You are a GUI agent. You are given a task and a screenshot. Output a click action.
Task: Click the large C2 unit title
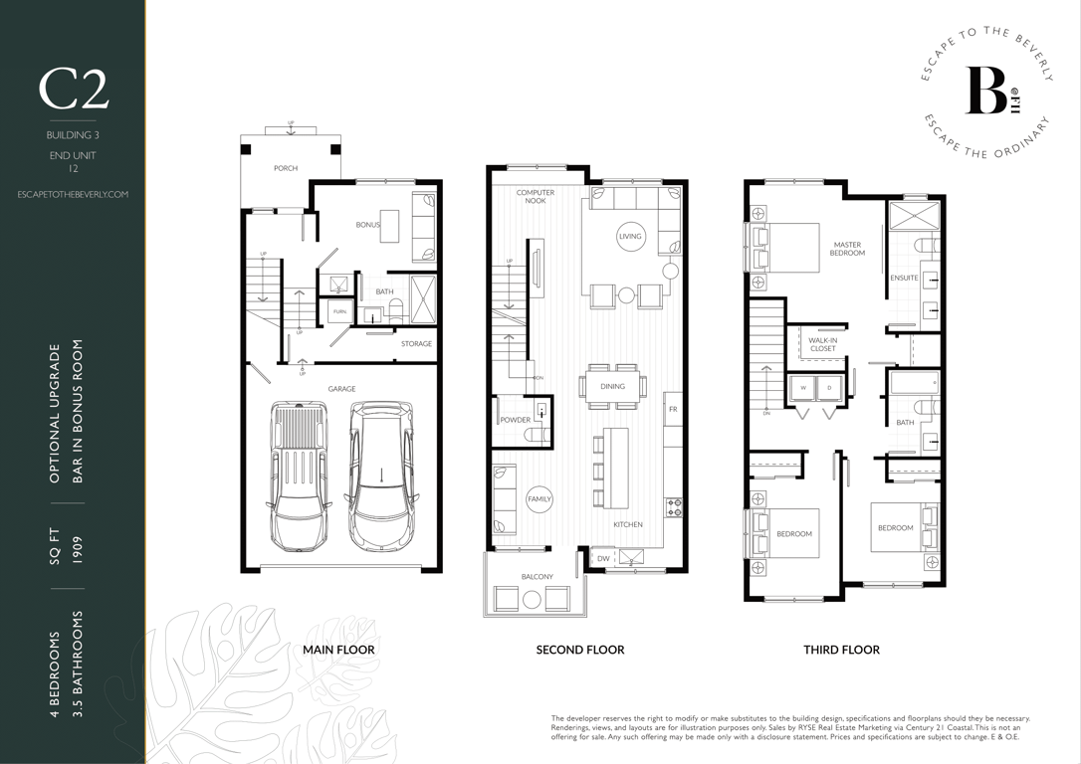coord(73,91)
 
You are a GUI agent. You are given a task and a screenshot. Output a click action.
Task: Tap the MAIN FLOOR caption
coord(338,650)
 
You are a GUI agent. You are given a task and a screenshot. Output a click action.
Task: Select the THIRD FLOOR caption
coord(842,650)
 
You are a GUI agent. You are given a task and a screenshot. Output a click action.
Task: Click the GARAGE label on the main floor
coord(341,389)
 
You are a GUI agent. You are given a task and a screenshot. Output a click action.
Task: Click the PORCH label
coord(286,168)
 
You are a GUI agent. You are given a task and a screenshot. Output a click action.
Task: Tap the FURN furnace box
coord(339,312)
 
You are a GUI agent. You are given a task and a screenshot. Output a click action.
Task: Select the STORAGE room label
coord(416,344)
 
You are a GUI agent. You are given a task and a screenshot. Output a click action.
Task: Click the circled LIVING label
coord(630,237)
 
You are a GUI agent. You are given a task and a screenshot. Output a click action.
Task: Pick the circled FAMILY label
coord(540,498)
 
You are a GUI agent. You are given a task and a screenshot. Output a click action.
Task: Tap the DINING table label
coord(612,387)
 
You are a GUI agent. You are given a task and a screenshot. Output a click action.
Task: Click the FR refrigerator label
coord(673,409)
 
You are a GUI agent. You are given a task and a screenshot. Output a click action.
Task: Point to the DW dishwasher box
coord(602,559)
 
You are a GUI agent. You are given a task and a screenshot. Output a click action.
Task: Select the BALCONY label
coord(538,577)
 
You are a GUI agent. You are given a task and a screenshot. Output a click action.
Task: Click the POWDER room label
coord(515,420)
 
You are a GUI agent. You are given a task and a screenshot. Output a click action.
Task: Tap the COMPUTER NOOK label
coord(536,196)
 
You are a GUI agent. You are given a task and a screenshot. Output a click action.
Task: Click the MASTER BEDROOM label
coord(847,249)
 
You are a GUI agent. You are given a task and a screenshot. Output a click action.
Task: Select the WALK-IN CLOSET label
coord(822,344)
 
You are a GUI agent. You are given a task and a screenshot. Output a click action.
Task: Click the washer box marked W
coord(802,388)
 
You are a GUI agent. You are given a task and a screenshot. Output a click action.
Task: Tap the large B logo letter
coord(985,91)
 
